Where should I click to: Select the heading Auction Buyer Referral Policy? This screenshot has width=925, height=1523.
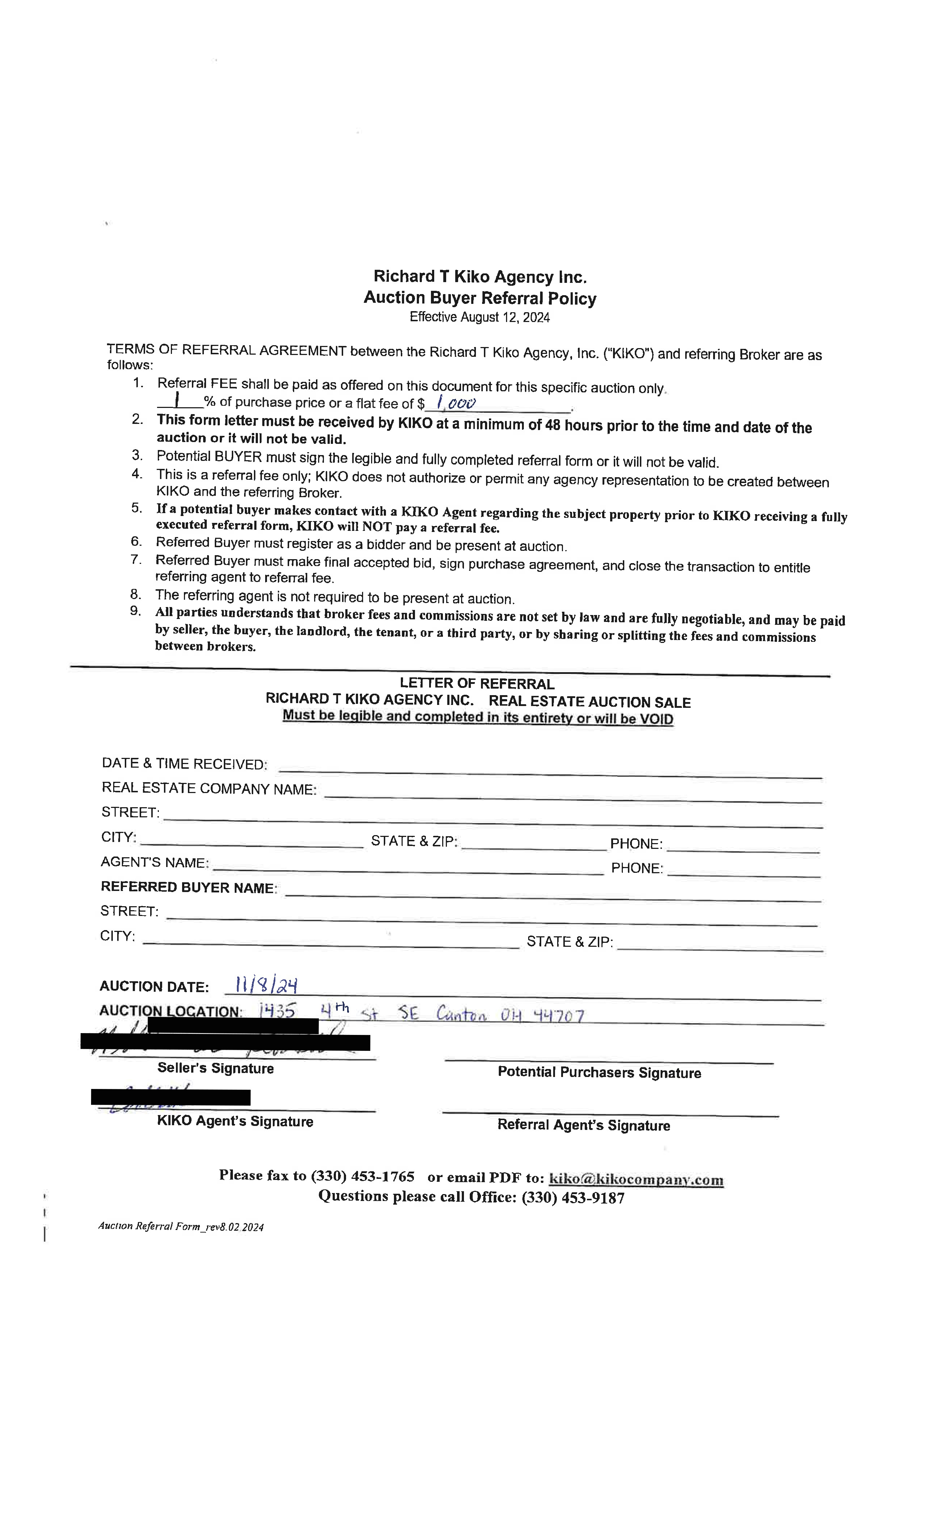[x=480, y=298]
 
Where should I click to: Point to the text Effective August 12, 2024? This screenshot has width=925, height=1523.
[x=480, y=317]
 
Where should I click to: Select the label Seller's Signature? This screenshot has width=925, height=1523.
[x=215, y=1068]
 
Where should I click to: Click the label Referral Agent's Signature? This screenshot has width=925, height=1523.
[x=584, y=1125]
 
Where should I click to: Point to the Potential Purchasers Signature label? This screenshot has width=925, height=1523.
[x=599, y=1072]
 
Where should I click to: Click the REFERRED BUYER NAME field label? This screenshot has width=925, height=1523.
[x=188, y=887]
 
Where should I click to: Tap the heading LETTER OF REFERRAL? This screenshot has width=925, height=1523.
[x=477, y=684]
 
